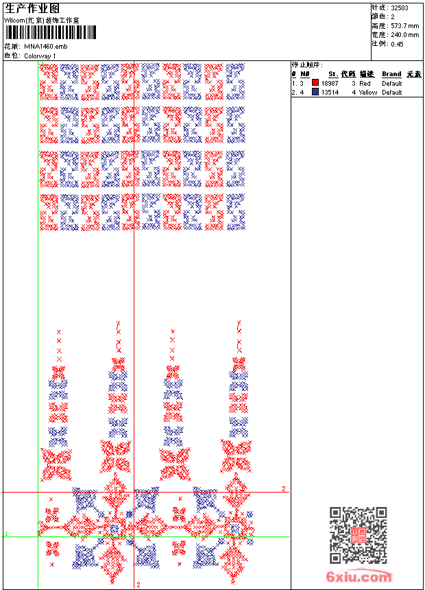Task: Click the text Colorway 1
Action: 40,56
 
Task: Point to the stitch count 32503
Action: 400,8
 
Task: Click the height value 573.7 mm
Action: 404,25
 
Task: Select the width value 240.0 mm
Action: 404,34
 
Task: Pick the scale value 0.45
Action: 397,43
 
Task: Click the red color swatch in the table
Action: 315,83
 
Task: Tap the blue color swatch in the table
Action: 315,92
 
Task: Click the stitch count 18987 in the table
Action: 330,83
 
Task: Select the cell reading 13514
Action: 330,92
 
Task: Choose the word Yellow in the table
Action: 368,92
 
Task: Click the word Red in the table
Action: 365,83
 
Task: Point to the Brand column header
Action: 391,74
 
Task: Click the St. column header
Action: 333,74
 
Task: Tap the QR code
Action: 358,535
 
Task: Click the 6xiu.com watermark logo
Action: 359,578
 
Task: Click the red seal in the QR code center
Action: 358,535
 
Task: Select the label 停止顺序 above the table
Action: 307,64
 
